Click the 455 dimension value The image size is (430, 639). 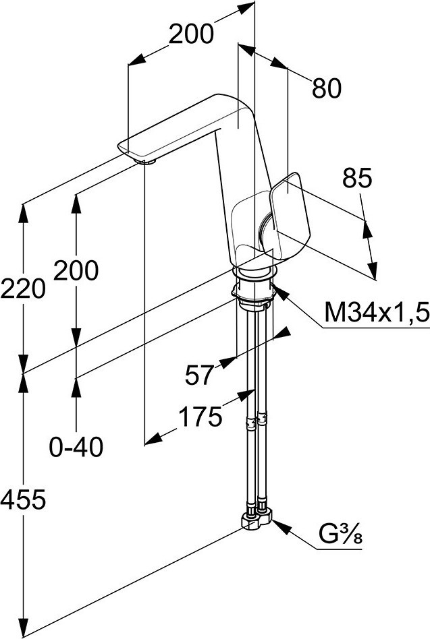(x=22, y=499)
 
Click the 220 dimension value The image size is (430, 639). (x=22, y=289)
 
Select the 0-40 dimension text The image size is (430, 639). (x=77, y=446)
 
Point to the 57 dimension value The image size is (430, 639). (x=200, y=375)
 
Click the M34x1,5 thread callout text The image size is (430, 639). (x=375, y=312)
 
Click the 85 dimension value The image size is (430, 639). (x=358, y=179)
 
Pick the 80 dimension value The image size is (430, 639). (x=327, y=88)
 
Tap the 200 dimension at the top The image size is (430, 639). (x=191, y=34)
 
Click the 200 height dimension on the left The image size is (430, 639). (x=76, y=270)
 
